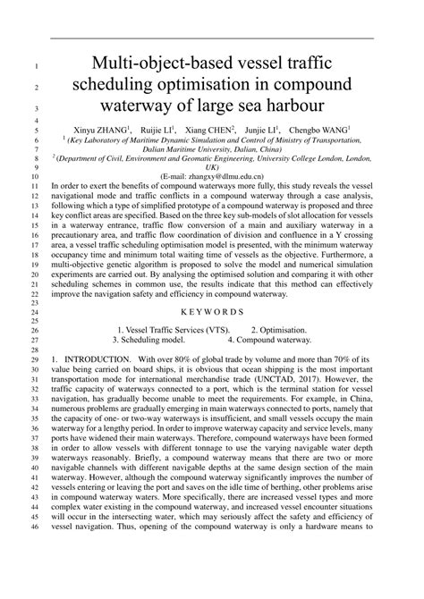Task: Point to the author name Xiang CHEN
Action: click(212, 128)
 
